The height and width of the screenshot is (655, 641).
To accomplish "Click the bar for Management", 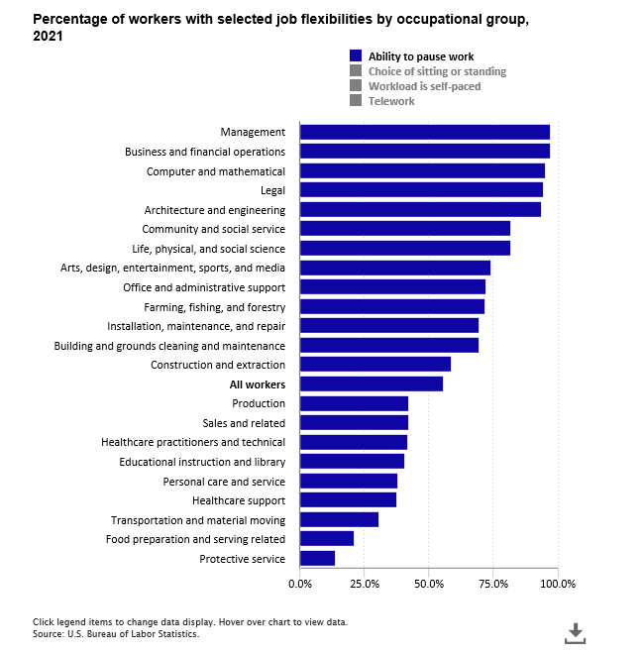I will [x=424, y=132].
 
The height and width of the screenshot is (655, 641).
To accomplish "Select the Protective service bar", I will [x=317, y=559].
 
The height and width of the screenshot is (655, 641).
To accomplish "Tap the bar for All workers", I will [x=371, y=384].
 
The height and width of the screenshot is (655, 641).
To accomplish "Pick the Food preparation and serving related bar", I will [x=326, y=539].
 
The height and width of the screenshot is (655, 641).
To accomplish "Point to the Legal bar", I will [x=421, y=190].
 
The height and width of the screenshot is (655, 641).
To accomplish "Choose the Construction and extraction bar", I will [x=374, y=365].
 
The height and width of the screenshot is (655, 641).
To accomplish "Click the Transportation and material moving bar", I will [x=339, y=520].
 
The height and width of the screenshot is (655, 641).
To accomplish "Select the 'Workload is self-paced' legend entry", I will [x=424, y=86].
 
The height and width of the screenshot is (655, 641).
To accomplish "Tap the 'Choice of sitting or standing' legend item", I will [x=437, y=71].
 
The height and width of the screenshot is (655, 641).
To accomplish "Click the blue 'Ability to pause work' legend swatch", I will [x=356, y=56].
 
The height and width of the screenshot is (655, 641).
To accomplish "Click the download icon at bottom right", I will [x=575, y=632].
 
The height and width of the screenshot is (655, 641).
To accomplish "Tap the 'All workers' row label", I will [x=257, y=384].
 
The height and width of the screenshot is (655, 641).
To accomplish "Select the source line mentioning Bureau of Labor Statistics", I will [x=116, y=634].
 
